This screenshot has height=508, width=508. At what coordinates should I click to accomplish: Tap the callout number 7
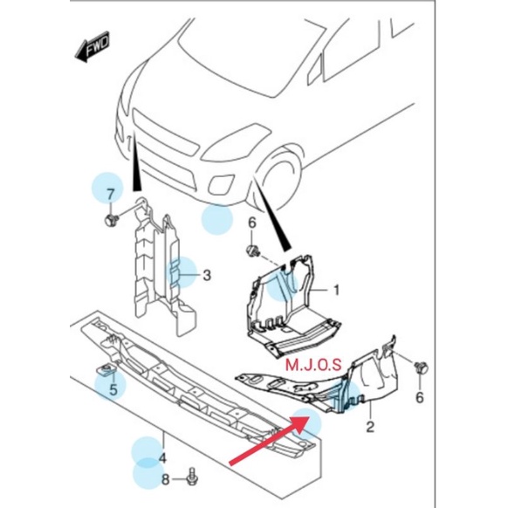(110, 193)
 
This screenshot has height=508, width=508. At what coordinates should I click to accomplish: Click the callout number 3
(207, 276)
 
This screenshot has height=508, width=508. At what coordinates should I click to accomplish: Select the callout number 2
(369, 426)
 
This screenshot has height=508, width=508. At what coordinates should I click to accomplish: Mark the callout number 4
(161, 457)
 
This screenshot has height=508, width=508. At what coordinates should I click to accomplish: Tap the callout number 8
(165, 478)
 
